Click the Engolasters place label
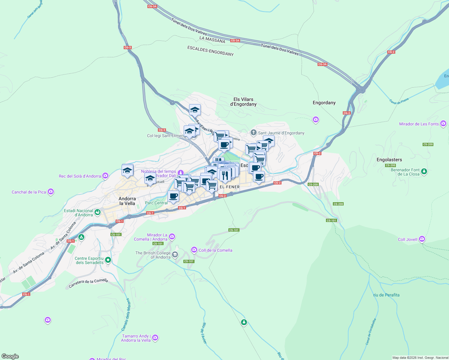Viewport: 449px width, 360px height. click(389, 160)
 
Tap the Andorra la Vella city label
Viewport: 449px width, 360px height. click(127, 201)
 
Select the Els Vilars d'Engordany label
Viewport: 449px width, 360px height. click(243, 102)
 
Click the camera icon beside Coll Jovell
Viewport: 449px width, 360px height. click(422, 239)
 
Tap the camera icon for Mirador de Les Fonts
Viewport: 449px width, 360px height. click(443, 124)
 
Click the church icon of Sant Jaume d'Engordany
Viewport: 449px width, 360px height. click(254, 133)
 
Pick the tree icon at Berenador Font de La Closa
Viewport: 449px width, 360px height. click(424, 171)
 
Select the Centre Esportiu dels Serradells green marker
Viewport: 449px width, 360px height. click(108, 260)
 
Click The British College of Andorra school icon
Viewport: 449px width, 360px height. click(175, 255)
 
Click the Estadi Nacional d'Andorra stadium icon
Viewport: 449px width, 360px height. click(98, 212)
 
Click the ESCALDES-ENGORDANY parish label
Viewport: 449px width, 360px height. click(210, 51)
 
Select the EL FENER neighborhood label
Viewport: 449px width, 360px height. click(230, 187)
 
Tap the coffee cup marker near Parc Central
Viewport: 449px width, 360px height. click(173, 196)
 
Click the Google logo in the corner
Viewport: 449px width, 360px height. click(10, 356)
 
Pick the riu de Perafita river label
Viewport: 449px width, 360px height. click(386, 295)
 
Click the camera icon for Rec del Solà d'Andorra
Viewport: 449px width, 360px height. click(105, 175)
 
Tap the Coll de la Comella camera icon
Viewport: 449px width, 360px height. click(194, 250)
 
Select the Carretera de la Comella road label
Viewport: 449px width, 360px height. click(88, 283)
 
